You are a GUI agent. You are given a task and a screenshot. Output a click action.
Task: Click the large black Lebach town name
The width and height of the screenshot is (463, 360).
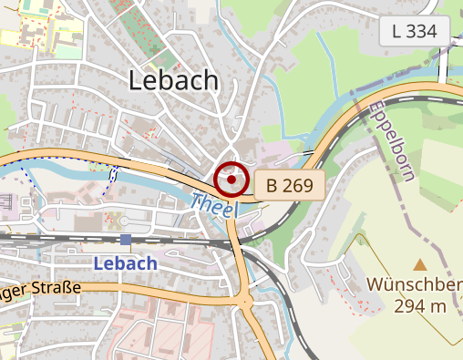tap(174, 80)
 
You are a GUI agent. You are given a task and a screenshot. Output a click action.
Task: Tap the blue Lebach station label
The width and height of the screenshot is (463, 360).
tap(126, 262)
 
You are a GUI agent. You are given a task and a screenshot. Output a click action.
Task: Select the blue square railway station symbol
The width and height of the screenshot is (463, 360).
tap(125, 240)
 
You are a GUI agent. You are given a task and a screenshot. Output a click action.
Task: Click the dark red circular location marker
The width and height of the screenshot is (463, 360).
tap(231, 180)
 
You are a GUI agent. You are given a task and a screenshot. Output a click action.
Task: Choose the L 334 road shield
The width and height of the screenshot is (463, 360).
tap(415, 31)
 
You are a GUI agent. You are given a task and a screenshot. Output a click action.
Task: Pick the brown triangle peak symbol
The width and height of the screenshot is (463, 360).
tap(419, 264)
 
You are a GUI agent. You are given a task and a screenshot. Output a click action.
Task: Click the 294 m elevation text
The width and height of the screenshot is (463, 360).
tap(420, 306)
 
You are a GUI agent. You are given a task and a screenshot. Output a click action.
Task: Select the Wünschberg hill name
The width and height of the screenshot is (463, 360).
tap(415, 284)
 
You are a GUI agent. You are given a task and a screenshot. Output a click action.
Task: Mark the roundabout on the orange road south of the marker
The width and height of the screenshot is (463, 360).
tap(244, 300)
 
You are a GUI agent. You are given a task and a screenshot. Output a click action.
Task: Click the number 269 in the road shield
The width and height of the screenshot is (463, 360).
tap(298, 186)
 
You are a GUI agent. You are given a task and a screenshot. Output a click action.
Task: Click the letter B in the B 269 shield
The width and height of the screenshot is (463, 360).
tap(272, 186)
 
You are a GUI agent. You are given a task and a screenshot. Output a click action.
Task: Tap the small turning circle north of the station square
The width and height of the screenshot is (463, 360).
tap(124, 221)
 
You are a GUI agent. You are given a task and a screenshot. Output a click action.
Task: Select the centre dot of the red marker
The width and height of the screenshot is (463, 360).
tap(231, 180)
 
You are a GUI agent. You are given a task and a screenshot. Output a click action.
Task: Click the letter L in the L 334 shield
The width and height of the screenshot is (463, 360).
tap(396, 31)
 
